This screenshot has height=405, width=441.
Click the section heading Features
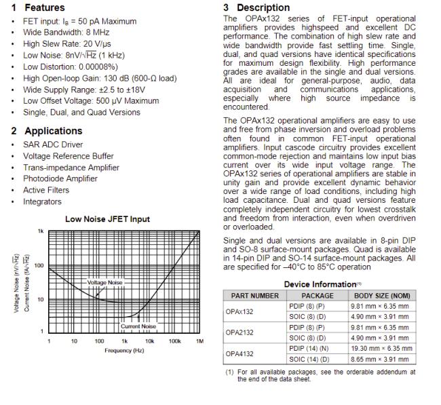(x=45, y=7)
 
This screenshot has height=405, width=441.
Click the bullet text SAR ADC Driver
(x=53, y=144)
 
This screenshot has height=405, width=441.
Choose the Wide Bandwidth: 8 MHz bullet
(x=66, y=32)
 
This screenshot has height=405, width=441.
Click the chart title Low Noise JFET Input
(x=107, y=219)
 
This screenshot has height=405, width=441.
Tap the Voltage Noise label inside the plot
(x=105, y=282)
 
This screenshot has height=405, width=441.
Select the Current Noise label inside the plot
(x=138, y=326)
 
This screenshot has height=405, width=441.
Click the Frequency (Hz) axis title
(x=123, y=350)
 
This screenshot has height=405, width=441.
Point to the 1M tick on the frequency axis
(x=199, y=341)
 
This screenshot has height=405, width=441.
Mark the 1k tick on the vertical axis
(x=41, y=231)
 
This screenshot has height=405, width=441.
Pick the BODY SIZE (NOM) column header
(x=382, y=296)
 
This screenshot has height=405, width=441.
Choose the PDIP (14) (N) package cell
(x=318, y=348)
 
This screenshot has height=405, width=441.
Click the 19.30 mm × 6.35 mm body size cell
(x=382, y=348)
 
